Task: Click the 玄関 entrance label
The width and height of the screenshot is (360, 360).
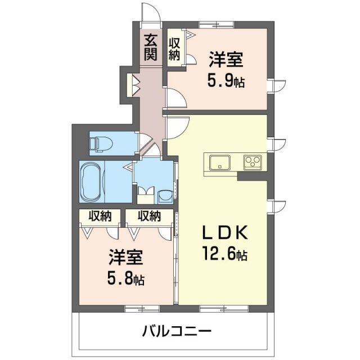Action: pyautogui.click(x=150, y=47)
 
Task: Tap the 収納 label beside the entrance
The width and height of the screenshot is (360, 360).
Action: pyautogui.click(x=175, y=47)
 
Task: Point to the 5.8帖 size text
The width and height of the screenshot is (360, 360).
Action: pyautogui.click(x=125, y=279)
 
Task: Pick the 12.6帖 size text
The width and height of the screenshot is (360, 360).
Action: pyautogui.click(x=224, y=255)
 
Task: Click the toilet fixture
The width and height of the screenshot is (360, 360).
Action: pyautogui.click(x=101, y=143)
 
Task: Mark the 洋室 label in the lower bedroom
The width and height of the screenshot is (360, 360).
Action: pyautogui.click(x=126, y=259)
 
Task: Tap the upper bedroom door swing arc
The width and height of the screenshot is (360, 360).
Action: pyautogui.click(x=175, y=101)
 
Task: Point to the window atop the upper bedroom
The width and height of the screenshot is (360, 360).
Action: pyautogui.click(x=217, y=24)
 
